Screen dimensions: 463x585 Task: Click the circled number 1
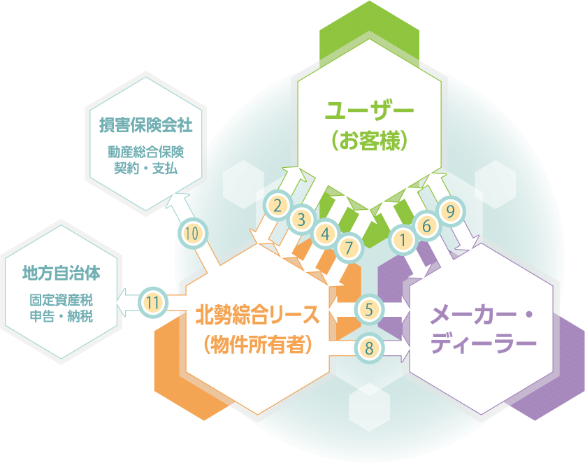pos(403,240)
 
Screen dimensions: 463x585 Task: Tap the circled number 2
pos(277,206)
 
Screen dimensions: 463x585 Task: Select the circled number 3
pos(301,220)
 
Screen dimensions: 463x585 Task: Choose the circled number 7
pos(349,246)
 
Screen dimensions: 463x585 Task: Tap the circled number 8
pos(368,346)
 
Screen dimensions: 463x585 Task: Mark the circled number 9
pos(450,210)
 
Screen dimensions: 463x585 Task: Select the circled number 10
pos(193,233)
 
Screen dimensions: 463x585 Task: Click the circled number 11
pos(154,303)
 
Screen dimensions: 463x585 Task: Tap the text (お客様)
pos(370,141)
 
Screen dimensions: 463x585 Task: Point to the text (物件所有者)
pos(257,344)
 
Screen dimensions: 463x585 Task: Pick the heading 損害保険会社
pos(145,126)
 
